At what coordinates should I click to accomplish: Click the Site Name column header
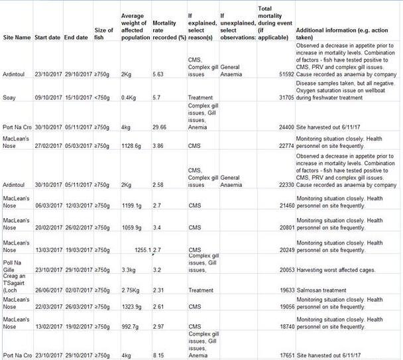pos(17,37)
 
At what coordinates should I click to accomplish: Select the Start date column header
pos(47,37)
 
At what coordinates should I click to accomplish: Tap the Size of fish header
pos(104,34)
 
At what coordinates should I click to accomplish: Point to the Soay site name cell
pos(10,97)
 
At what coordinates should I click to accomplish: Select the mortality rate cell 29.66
pos(160,126)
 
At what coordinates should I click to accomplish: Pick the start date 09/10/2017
pos(47,97)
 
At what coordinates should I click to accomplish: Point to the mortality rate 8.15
pos(158,355)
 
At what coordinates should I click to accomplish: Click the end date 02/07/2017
pos(77,290)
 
